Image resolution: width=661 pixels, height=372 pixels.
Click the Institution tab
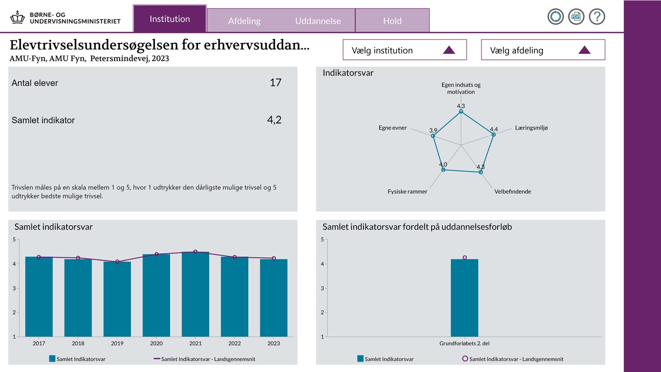(x=169, y=19)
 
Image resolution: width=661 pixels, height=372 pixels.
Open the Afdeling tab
(x=244, y=21)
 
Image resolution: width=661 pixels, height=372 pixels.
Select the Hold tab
(x=392, y=21)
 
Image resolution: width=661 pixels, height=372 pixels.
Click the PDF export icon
(x=576, y=16)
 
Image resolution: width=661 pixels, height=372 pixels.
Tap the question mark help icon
(x=597, y=16)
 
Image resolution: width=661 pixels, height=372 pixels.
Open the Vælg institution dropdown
(x=405, y=50)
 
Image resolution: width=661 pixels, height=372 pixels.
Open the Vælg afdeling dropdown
(x=543, y=50)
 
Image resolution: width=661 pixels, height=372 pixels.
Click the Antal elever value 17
(x=276, y=83)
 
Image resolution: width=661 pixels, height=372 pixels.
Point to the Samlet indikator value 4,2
(x=274, y=120)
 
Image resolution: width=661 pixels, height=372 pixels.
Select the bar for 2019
(x=117, y=299)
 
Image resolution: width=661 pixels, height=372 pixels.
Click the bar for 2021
(x=195, y=294)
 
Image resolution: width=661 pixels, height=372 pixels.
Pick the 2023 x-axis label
(x=274, y=344)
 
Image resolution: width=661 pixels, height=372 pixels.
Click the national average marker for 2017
(x=39, y=257)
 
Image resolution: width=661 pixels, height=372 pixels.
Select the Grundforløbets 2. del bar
(x=465, y=298)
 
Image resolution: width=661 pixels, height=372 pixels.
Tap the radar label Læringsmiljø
(x=531, y=128)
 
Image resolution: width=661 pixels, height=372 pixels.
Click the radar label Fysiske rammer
(x=407, y=191)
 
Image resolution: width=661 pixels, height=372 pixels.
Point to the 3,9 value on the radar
(x=433, y=130)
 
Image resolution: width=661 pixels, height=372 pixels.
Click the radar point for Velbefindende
(x=481, y=172)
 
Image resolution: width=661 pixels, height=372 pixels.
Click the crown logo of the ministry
(x=18, y=17)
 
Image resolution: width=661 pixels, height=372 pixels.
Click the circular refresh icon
(x=555, y=16)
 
